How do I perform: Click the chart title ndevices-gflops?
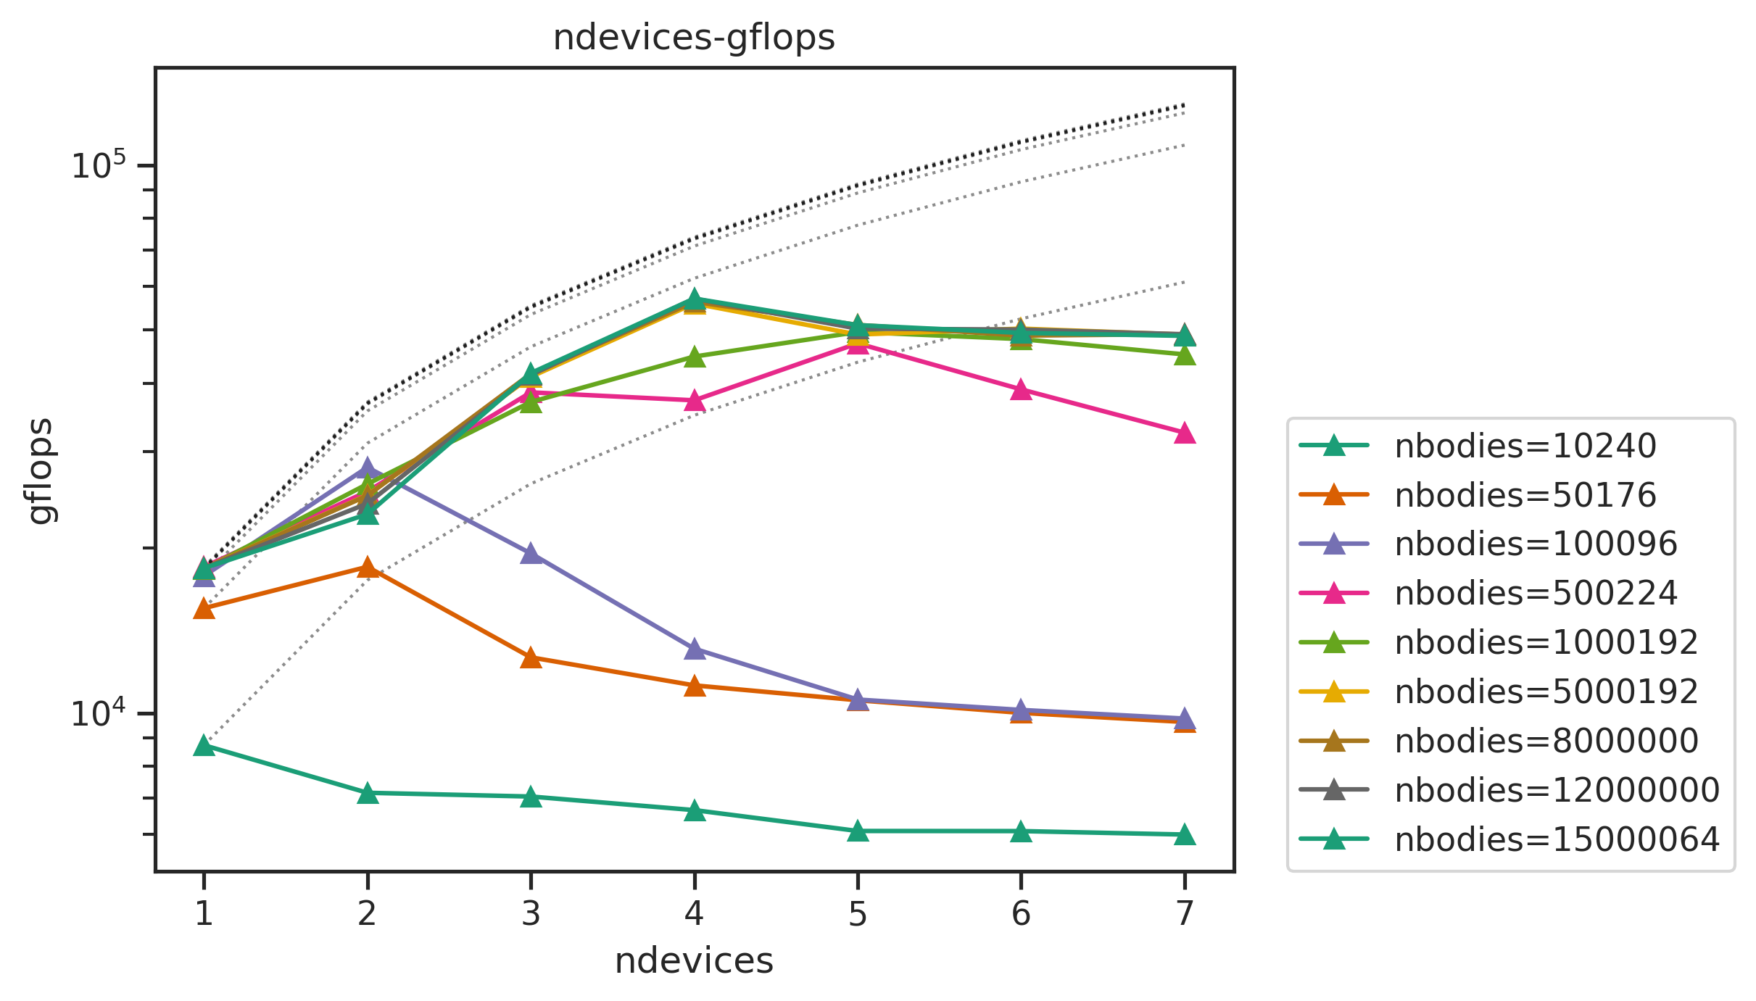[694, 38]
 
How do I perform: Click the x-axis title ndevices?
[694, 960]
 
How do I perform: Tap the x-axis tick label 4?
[694, 914]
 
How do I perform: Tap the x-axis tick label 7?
[1184, 914]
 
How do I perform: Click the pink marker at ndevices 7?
[1184, 433]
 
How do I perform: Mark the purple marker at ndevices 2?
[368, 468]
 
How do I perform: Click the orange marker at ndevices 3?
[531, 657]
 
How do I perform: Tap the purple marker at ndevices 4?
[695, 649]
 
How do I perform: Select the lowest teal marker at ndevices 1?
[204, 746]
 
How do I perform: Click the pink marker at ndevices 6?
[1021, 390]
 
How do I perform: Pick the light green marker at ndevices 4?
[695, 357]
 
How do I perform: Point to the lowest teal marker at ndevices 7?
[1184, 834]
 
